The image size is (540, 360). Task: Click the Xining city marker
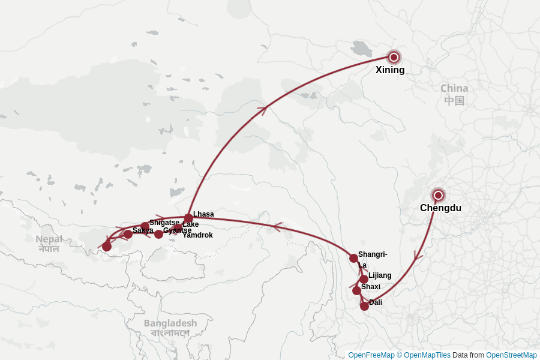(394, 58)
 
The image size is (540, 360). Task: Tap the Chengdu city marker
(438, 195)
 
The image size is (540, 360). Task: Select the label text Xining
(390, 70)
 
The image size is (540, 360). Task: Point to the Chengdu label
(440, 208)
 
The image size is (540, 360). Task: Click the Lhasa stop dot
(188, 218)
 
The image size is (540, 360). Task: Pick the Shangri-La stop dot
(353, 258)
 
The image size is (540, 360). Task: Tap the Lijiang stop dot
(364, 279)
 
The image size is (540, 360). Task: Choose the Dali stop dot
(364, 306)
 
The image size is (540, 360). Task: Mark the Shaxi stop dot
(356, 290)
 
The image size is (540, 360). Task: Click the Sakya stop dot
(128, 234)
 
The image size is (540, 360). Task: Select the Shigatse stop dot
(145, 226)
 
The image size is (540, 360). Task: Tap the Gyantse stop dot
(158, 234)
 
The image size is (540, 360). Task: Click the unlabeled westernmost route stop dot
(107, 247)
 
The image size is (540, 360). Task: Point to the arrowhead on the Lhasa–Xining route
(262, 109)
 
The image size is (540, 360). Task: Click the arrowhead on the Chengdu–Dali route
(418, 257)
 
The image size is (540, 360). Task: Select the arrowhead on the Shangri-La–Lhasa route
(277, 227)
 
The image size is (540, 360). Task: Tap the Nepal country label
(49, 239)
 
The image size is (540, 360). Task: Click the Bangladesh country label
(170, 323)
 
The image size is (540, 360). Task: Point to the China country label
(454, 88)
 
